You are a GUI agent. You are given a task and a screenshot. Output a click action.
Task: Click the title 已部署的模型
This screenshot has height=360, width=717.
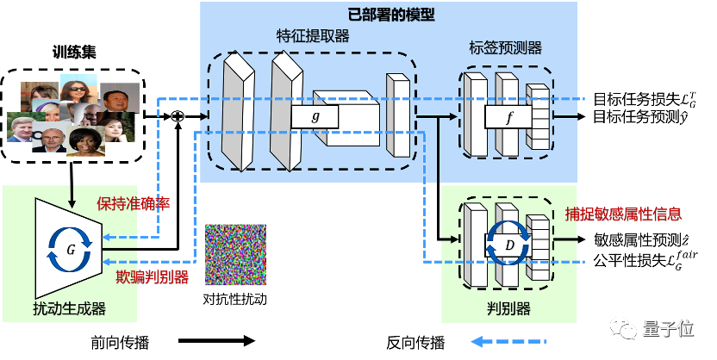(390, 15)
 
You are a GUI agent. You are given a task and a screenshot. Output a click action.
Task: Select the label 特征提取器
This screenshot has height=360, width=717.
(312, 36)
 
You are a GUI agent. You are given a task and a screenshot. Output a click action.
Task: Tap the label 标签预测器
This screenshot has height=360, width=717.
(505, 48)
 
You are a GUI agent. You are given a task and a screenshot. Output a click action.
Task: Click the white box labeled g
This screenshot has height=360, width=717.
(315, 116)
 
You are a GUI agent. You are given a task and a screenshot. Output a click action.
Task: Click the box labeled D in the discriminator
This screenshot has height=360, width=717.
(508, 245)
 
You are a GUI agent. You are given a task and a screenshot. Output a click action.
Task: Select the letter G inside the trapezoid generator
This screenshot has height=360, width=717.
(72, 249)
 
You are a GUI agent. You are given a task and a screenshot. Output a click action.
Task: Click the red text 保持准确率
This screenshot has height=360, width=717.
(133, 204)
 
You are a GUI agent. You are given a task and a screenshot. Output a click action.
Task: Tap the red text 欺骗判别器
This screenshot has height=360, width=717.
(152, 276)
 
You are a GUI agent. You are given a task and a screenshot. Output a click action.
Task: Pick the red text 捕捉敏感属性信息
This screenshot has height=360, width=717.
(623, 214)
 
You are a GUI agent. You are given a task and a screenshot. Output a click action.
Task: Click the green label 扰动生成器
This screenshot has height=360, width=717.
(69, 308)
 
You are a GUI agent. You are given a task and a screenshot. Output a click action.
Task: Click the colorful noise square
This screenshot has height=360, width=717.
(235, 255)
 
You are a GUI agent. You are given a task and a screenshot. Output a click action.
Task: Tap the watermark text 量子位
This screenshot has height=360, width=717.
(667, 328)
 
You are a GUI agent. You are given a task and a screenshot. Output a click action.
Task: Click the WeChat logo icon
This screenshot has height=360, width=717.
(624, 327)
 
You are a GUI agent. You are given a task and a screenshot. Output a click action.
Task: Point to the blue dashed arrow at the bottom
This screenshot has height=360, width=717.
(508, 342)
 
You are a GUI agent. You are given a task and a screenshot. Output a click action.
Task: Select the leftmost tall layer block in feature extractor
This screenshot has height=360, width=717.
(238, 112)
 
